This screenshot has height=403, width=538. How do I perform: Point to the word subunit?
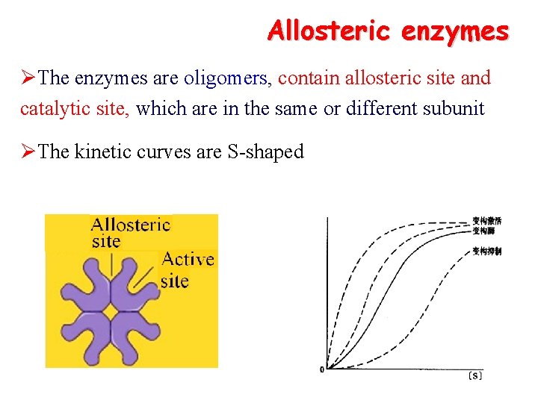pyautogui.click(x=456, y=109)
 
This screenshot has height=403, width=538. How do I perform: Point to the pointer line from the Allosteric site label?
pyautogui.click(x=112, y=267)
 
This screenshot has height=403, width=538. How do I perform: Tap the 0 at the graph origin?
pyautogui.click(x=321, y=369)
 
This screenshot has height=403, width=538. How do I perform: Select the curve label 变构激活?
pyautogui.click(x=486, y=221)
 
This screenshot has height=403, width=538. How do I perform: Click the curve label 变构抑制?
pyautogui.click(x=486, y=252)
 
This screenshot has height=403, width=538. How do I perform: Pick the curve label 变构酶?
pyautogui.click(x=483, y=231)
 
